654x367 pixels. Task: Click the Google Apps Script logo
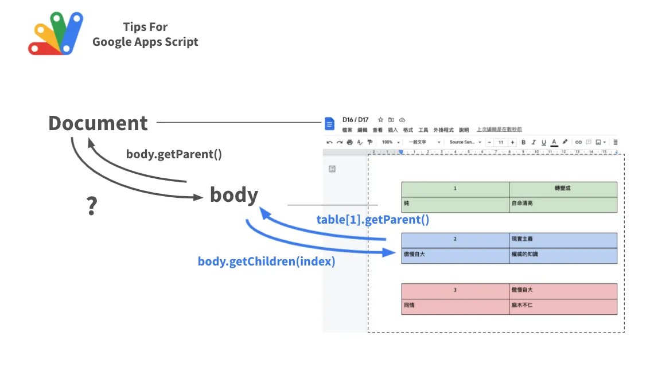pyautogui.click(x=56, y=34)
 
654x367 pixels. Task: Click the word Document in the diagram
pyautogui.click(x=98, y=123)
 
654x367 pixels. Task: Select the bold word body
pyautogui.click(x=233, y=195)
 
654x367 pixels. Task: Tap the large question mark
pyautogui.click(x=91, y=206)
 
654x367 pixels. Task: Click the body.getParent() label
pyautogui.click(x=174, y=154)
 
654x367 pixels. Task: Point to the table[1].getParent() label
pyautogui.click(x=372, y=220)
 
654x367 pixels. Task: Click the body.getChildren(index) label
pyautogui.click(x=266, y=261)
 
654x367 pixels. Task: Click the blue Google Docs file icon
pyautogui.click(x=329, y=124)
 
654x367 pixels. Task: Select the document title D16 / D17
pyautogui.click(x=355, y=120)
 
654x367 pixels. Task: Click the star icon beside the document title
pyautogui.click(x=380, y=120)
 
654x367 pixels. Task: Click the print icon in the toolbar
pyautogui.click(x=350, y=142)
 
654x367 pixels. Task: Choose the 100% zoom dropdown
pyautogui.click(x=390, y=142)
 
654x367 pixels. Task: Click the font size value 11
pyautogui.click(x=500, y=142)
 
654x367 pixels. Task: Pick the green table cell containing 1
pyautogui.click(x=455, y=189)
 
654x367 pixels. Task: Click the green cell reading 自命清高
pyautogui.click(x=563, y=204)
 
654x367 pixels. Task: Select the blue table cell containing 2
pyautogui.click(x=455, y=239)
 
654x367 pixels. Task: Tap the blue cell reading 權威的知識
pyautogui.click(x=563, y=255)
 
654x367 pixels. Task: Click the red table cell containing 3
pyautogui.click(x=455, y=290)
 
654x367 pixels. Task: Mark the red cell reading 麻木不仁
pyautogui.click(x=563, y=306)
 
